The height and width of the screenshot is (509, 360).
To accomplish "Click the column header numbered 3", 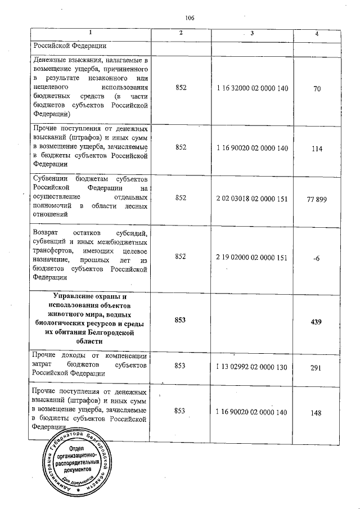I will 252,34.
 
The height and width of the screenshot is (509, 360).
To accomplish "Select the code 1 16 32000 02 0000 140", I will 252,89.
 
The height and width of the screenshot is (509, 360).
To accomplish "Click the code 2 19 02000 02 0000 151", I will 252,257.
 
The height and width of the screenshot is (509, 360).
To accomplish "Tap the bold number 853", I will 180,319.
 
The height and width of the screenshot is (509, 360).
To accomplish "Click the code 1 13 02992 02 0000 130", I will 252,365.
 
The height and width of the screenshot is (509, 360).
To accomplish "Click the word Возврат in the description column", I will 45,232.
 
